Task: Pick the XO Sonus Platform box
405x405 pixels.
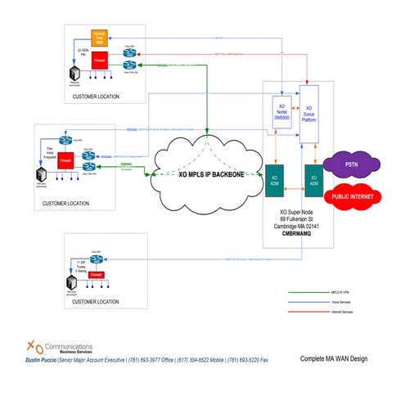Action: click(309, 113)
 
